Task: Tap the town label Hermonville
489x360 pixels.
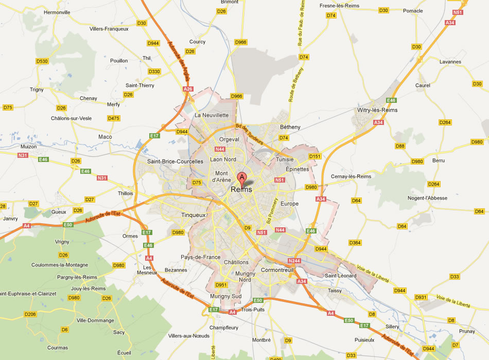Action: [57, 12]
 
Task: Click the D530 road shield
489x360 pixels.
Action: [42, 61]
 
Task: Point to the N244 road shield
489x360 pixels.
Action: [294, 261]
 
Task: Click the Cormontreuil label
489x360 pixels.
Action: [277, 269]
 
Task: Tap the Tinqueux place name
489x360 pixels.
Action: [194, 215]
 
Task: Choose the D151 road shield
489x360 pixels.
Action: [315, 156]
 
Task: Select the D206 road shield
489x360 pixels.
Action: [30, 314]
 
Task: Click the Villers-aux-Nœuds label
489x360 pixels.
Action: [188, 336]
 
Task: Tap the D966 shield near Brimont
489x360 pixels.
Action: [241, 42]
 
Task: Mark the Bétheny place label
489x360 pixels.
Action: [290, 127]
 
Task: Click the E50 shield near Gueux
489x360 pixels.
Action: [68, 225]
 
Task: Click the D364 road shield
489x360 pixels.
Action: [355, 242]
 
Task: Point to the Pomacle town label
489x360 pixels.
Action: [413, 11]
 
